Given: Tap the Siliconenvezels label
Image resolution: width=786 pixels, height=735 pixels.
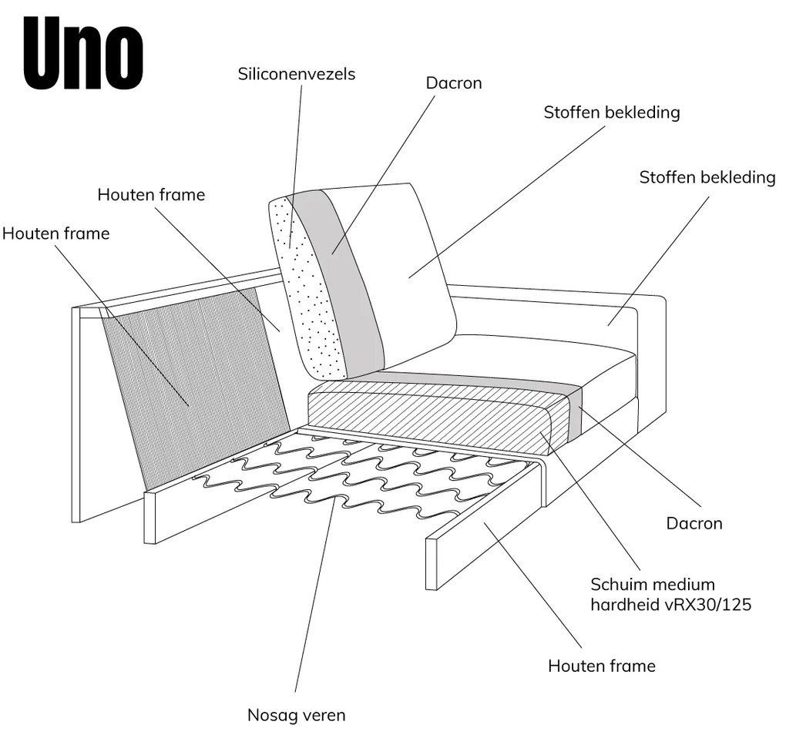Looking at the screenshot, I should (x=297, y=74).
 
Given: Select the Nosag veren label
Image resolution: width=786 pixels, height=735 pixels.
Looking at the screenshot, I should (x=297, y=715).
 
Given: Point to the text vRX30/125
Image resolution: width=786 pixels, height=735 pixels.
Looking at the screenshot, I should (x=706, y=605).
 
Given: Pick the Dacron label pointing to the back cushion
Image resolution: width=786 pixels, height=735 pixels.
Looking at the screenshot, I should (x=454, y=82).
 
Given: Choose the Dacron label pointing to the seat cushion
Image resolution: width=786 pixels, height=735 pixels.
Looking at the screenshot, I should (x=694, y=524).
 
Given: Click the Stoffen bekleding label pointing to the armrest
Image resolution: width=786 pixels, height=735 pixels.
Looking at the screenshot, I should (x=707, y=178).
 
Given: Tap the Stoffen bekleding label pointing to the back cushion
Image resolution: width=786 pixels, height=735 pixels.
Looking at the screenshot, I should (x=612, y=112).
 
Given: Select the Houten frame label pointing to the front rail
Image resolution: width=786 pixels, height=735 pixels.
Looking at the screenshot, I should (x=602, y=666).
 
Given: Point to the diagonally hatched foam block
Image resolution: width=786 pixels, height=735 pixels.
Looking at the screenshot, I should (x=432, y=420).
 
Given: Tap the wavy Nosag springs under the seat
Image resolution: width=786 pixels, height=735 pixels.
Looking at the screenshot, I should (x=347, y=470).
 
